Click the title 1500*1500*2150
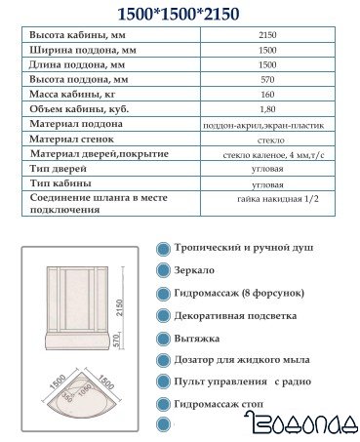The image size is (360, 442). coord(180,14)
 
